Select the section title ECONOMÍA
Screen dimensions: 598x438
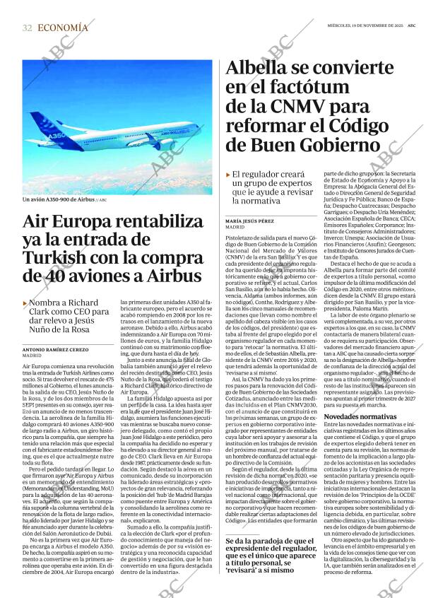tap(63, 28)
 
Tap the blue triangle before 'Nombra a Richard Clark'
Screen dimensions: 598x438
tap(25, 303)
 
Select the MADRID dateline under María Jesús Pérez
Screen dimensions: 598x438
tap(235, 228)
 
